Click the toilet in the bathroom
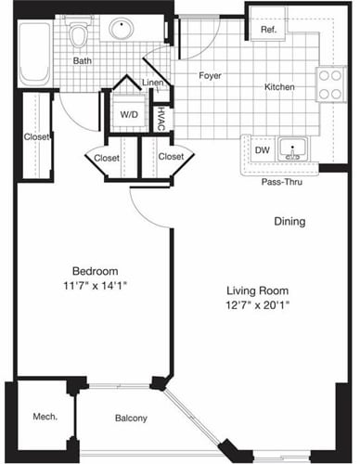pyautogui.click(x=81, y=36)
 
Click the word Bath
pyautogui.click(x=84, y=62)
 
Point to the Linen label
pyautogui.click(x=154, y=84)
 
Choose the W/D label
pyautogui.click(x=128, y=115)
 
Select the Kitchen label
pyautogui.click(x=279, y=87)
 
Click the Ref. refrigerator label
pyautogui.click(x=268, y=30)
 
